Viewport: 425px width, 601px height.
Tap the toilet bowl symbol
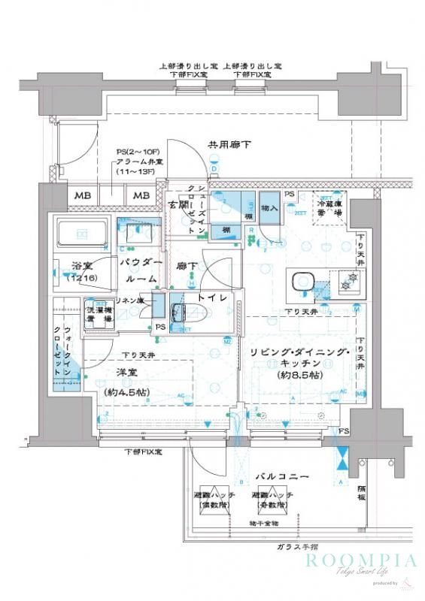tap(178, 315)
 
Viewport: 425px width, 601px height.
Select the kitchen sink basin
tap(302, 281)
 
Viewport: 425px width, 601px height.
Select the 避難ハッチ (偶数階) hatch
tap(214, 501)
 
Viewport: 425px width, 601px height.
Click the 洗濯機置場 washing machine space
tap(97, 313)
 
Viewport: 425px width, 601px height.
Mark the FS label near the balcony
tap(344, 431)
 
